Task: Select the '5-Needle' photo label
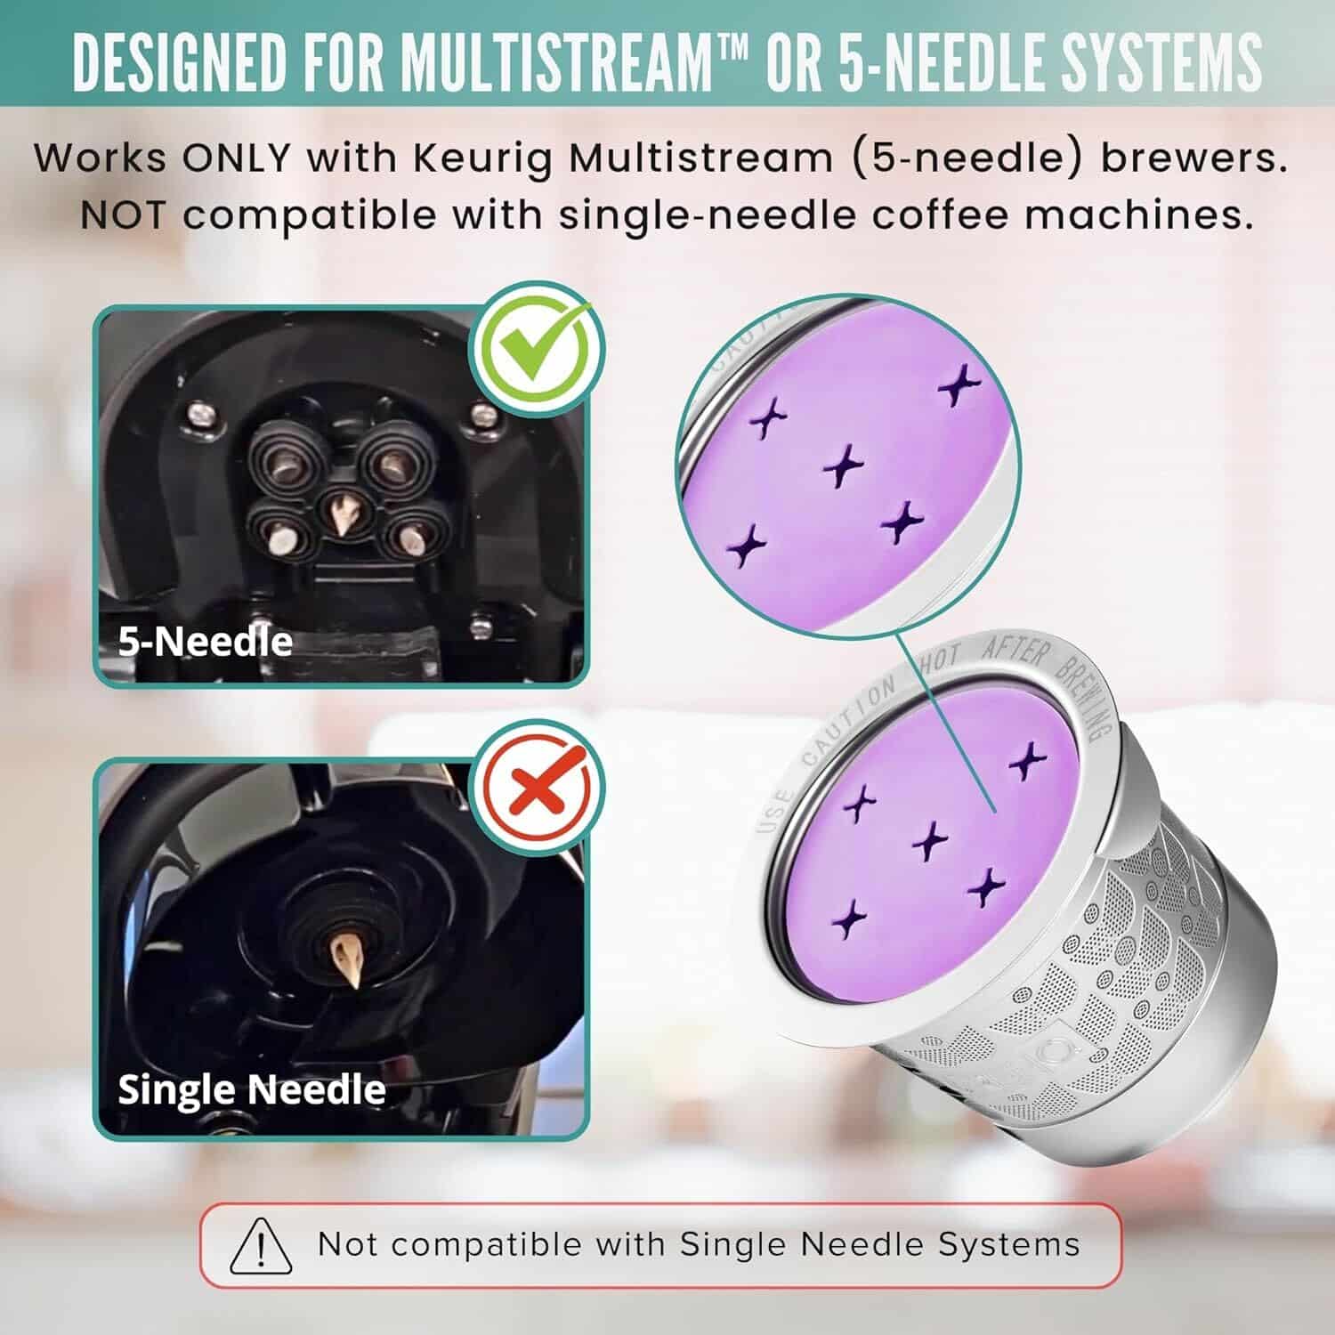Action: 206,642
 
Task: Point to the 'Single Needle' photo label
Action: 252,1089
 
